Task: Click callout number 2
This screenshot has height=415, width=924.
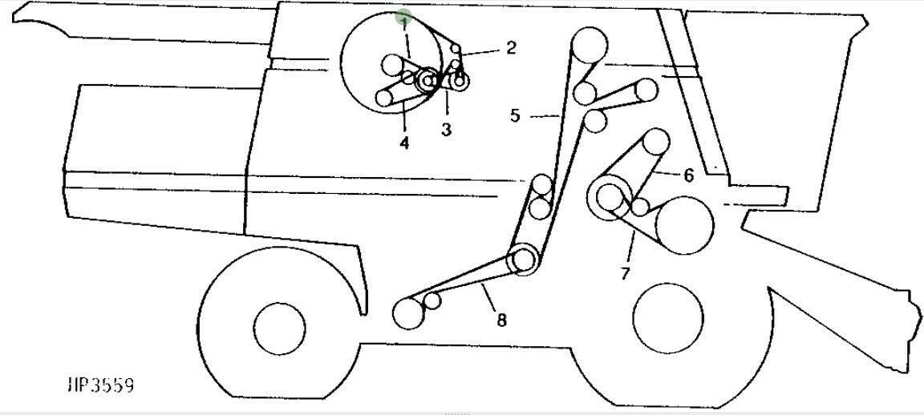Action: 512,47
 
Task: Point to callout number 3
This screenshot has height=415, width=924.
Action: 446,129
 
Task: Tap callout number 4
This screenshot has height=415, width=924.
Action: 404,143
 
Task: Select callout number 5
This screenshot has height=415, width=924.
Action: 515,115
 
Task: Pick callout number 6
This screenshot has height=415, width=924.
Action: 688,175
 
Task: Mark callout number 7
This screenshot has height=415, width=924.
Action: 625,273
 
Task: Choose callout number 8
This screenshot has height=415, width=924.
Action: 501,320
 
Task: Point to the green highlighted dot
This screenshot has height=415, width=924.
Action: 404,16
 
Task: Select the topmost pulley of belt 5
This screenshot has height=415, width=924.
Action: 589,43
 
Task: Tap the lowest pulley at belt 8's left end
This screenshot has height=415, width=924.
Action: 407,313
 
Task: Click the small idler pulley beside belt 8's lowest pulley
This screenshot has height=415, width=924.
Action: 432,301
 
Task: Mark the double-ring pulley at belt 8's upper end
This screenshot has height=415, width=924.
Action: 523,260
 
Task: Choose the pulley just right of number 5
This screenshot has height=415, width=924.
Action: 594,121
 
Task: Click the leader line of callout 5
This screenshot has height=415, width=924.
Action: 545,116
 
